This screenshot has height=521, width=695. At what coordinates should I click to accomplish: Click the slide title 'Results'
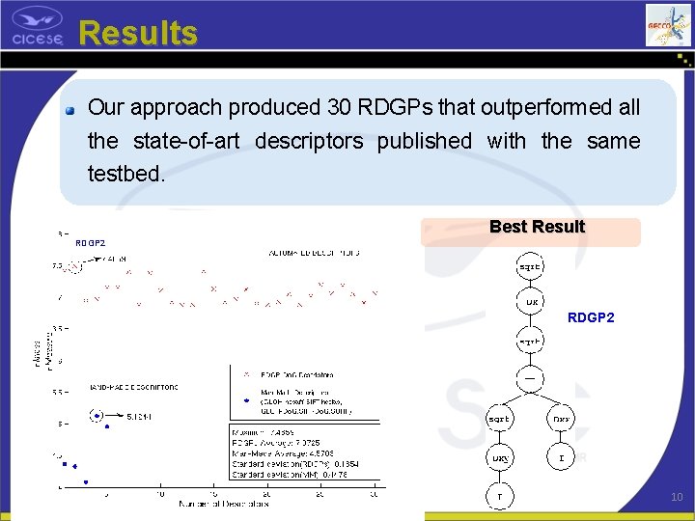[x=138, y=33]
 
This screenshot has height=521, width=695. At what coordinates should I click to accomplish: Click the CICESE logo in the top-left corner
[x=38, y=29]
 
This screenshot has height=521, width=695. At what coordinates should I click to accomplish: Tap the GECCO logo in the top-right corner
[x=668, y=25]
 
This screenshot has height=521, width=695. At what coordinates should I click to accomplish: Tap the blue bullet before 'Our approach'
[x=70, y=109]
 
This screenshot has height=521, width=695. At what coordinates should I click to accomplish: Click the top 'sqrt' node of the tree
[x=530, y=265]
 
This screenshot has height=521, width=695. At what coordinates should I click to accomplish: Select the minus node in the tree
[x=530, y=377]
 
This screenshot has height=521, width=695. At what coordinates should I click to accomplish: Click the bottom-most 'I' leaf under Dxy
[x=499, y=496]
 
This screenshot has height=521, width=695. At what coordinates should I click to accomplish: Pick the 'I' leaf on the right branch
[x=561, y=456]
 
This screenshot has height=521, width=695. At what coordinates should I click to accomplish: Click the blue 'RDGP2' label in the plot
[x=90, y=243]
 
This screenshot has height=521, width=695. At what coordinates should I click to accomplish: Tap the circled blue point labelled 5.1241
[x=96, y=416]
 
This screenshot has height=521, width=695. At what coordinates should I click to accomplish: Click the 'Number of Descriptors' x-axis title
[x=223, y=503]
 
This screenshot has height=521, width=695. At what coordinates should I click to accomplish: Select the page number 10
[x=676, y=496]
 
